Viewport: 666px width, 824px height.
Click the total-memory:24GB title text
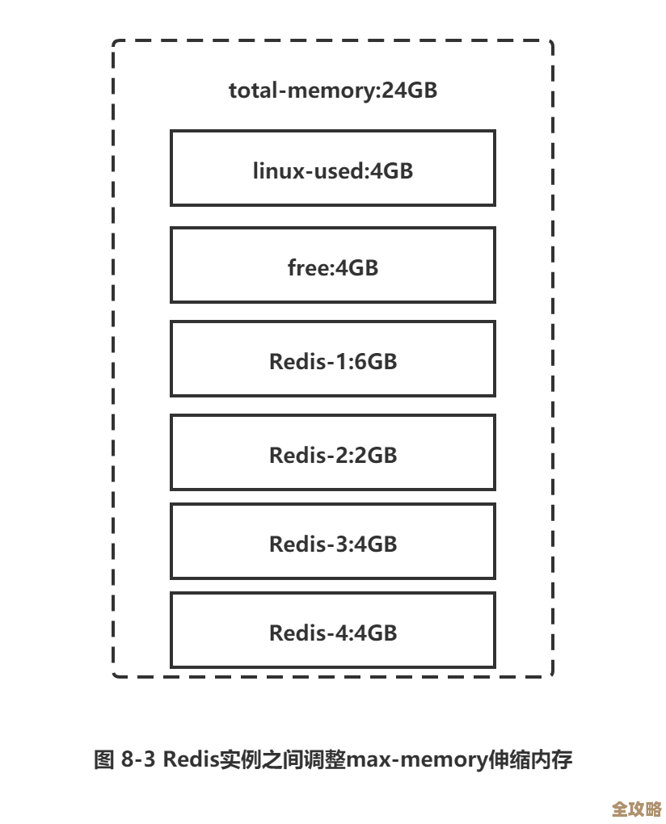coord(332,90)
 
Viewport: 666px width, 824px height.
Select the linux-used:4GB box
coord(332,169)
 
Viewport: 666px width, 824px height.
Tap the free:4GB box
coord(332,266)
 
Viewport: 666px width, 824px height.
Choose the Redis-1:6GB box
coord(332,359)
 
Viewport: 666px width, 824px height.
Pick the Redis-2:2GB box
coord(332,453)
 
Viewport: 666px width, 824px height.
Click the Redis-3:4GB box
coord(332,542)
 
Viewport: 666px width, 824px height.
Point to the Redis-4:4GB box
coord(332,631)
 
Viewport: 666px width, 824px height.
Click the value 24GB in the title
coord(410,90)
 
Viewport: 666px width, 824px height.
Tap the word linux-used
coord(310,170)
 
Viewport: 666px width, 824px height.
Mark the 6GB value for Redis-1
coord(376,361)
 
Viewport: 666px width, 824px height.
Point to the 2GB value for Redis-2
coord(376,455)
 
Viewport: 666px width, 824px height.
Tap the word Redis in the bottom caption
coord(191,760)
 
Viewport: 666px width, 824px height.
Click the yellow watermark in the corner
coord(636,808)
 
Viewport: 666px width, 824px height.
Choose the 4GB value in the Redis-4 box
coord(376,633)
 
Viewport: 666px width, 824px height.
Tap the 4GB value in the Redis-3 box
coord(376,544)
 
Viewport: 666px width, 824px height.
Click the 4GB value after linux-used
coord(392,170)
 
